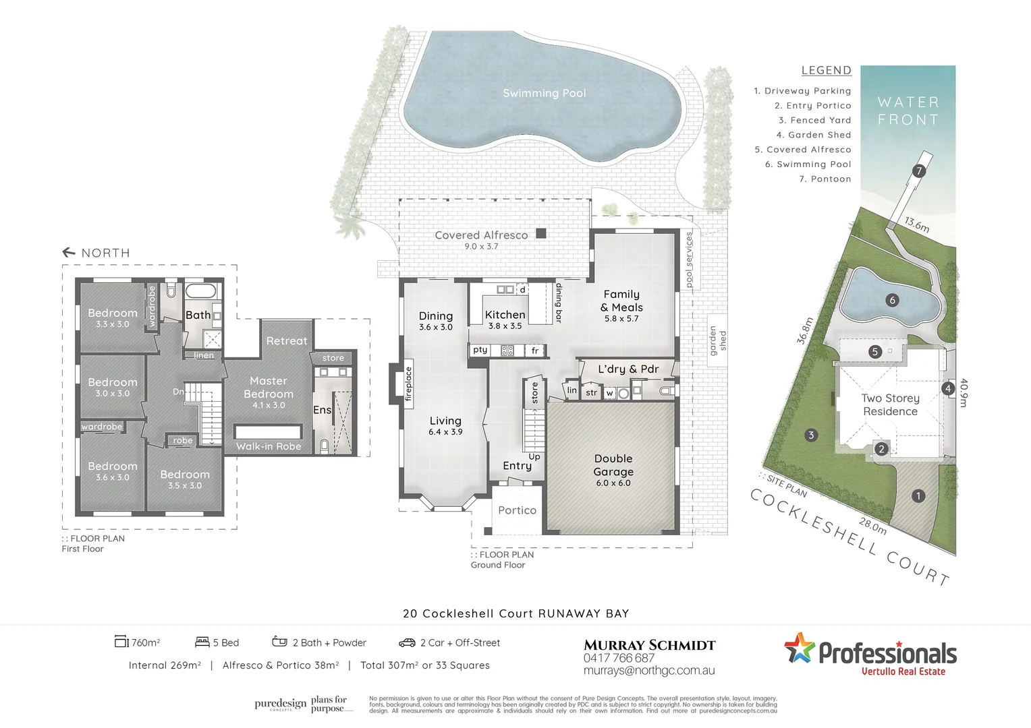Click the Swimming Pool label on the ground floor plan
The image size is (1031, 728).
(544, 93)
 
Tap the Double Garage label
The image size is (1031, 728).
(613, 465)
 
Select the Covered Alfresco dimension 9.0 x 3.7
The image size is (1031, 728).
(480, 247)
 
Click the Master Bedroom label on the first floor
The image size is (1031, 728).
(269, 388)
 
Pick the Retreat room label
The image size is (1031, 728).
(286, 341)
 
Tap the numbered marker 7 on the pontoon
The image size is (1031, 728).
(918, 171)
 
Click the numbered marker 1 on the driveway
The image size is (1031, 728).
(918, 496)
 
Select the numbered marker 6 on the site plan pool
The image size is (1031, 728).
(892, 300)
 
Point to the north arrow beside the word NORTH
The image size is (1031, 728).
(69, 253)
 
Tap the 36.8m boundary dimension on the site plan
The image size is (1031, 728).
(805, 330)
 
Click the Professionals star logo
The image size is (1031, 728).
(800, 648)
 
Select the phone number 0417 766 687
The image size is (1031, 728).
(619, 658)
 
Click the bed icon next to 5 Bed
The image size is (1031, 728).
(202, 642)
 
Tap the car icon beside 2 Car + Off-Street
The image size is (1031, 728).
(407, 642)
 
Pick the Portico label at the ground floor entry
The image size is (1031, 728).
(517, 510)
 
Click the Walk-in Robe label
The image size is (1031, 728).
(269, 446)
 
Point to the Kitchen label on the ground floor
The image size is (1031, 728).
(505, 315)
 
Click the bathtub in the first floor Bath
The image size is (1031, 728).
(200, 292)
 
